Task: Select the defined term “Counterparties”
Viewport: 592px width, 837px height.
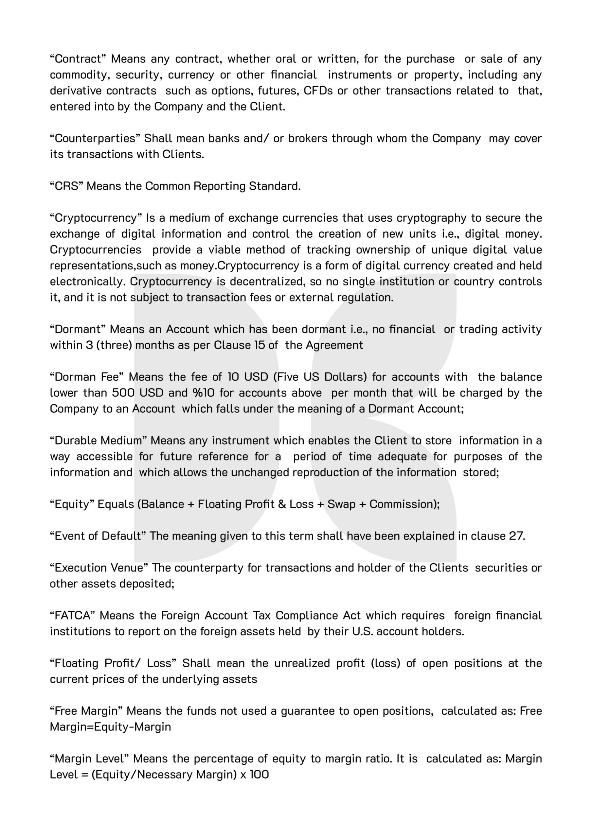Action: coord(94,139)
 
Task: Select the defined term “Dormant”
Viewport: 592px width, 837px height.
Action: coord(77,329)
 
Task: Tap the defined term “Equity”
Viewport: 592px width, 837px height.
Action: coord(72,504)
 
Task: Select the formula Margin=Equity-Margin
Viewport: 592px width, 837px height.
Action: coord(110,727)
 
